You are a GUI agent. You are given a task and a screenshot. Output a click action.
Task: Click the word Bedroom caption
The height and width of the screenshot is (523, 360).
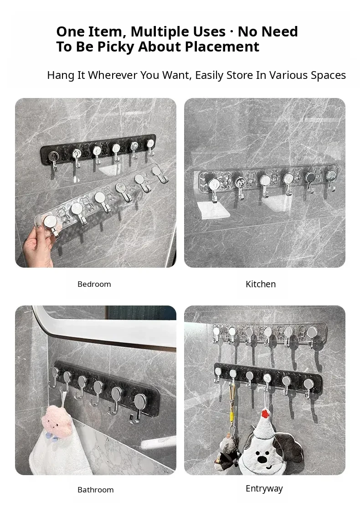[94, 284]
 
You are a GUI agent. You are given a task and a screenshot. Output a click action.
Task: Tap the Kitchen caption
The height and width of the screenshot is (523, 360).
[261, 284]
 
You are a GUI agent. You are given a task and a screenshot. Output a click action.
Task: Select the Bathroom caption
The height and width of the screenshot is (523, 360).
[96, 490]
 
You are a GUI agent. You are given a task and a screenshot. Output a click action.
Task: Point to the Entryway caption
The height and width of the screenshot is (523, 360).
[264, 489]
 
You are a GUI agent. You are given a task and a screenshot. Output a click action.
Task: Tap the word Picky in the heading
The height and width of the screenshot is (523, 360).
[116, 47]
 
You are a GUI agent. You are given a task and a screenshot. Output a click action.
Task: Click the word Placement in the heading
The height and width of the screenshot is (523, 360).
[222, 47]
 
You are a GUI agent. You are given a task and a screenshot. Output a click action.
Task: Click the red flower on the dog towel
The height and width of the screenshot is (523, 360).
[265, 414]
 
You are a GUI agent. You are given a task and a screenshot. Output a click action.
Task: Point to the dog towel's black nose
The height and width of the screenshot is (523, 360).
[262, 459]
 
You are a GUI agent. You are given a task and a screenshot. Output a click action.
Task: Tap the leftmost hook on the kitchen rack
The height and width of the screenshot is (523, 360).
[213, 188]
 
